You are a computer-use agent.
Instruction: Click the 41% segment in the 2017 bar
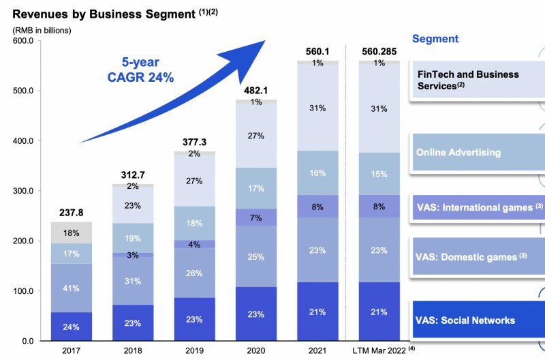click(71, 288)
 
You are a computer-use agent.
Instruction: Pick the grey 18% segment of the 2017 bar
click(71, 232)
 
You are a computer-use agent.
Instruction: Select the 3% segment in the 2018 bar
click(132, 254)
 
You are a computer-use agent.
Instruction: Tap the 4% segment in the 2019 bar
click(193, 244)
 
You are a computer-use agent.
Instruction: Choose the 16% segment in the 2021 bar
click(317, 173)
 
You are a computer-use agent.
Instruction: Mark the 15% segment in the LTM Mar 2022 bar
click(379, 173)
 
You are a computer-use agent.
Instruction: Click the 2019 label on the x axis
click(193, 350)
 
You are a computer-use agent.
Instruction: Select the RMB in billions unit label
click(42, 29)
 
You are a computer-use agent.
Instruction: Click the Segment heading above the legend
click(435, 39)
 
